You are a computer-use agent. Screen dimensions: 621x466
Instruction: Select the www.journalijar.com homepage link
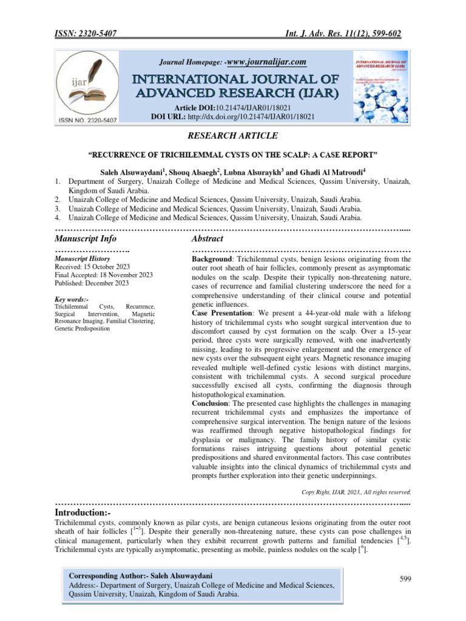[x=265, y=61]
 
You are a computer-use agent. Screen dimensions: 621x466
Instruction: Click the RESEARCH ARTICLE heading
[x=233, y=135]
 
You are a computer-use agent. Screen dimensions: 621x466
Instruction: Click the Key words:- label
[x=72, y=300]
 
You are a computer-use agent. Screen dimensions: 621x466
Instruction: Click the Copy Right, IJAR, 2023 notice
[x=356, y=492]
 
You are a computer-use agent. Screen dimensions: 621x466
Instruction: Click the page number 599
[x=405, y=579]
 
